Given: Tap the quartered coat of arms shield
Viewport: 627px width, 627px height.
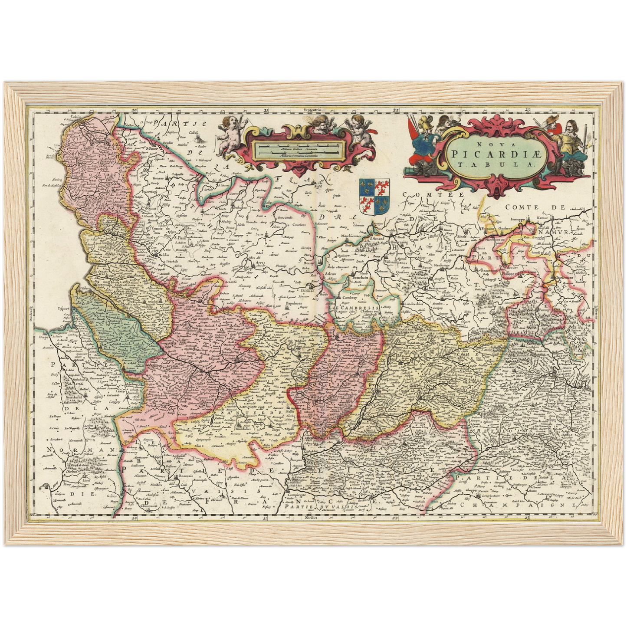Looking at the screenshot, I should pos(374,197).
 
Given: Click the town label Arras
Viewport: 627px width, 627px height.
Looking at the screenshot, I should pos(259,263).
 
